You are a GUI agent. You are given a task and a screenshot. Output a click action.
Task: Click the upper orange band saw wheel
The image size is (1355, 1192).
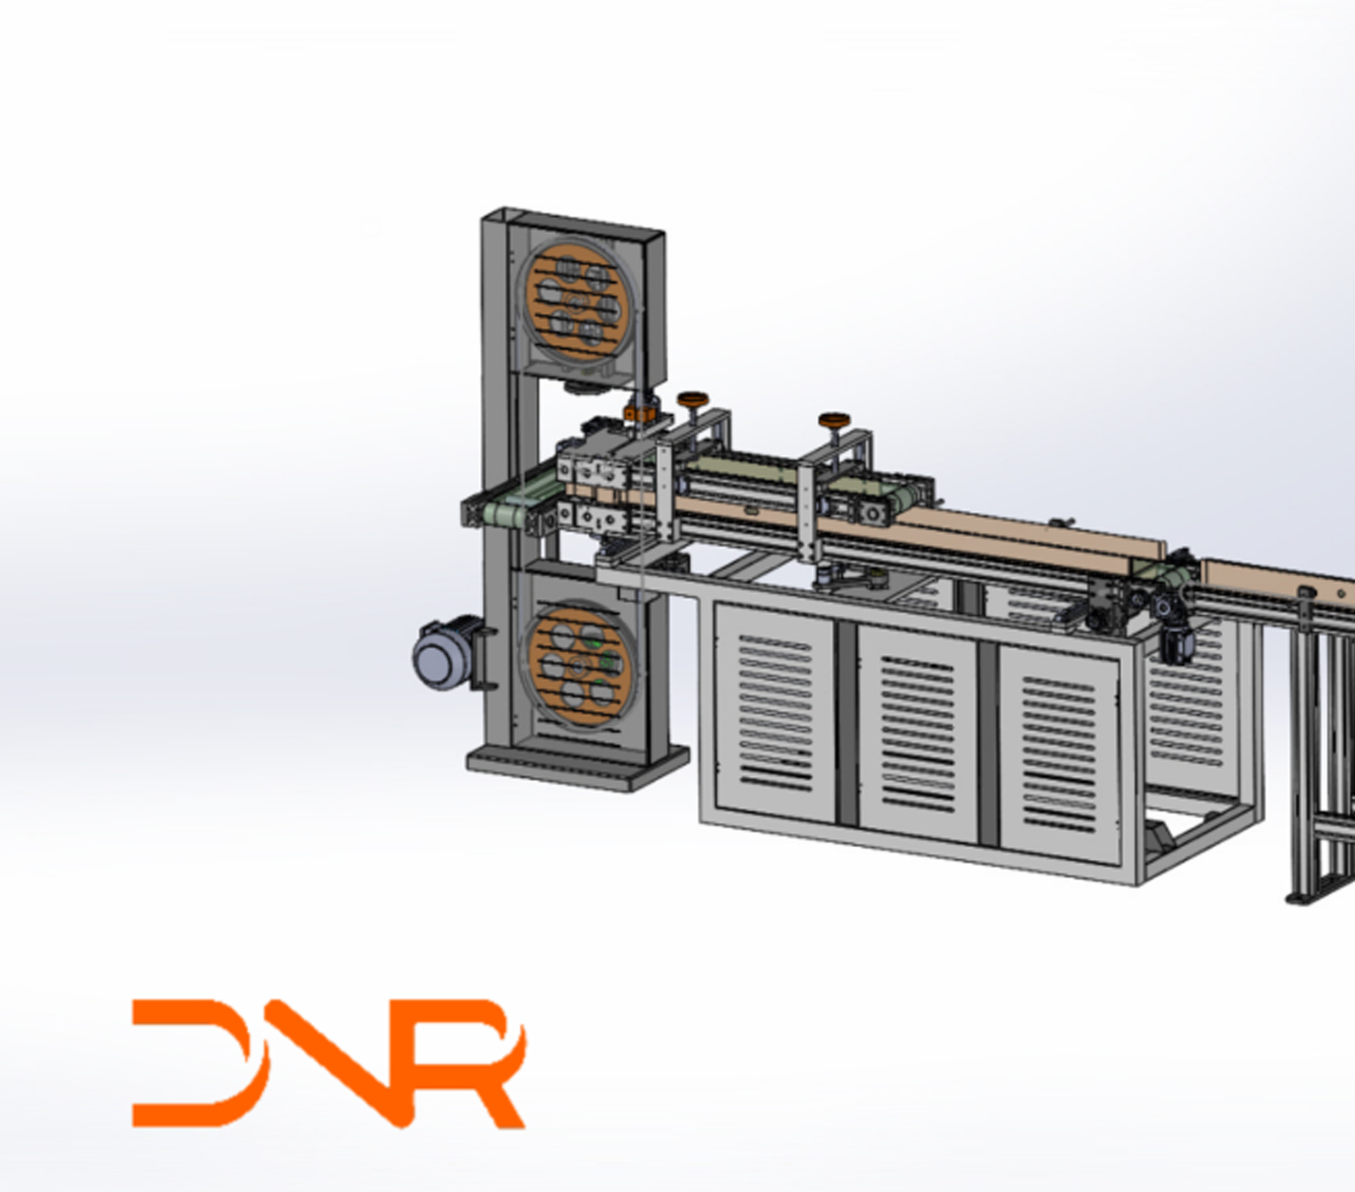pyautogui.click(x=576, y=299)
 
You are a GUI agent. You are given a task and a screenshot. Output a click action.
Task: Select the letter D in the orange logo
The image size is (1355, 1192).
pyautogui.click(x=199, y=1063)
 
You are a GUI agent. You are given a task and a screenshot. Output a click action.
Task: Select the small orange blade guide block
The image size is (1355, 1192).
pyautogui.click(x=641, y=413)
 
